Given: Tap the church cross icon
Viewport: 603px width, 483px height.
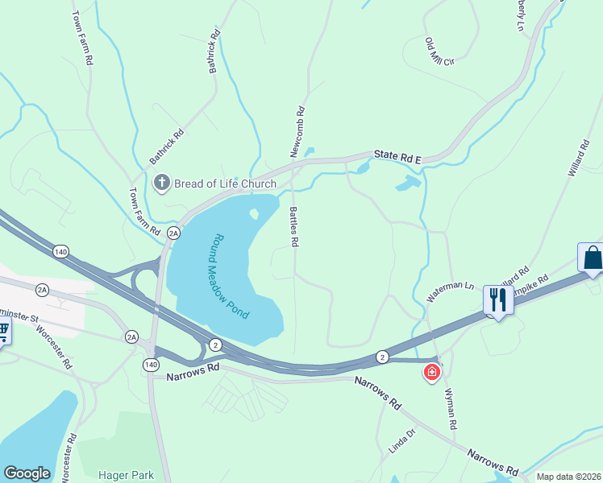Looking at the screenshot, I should click(x=160, y=183).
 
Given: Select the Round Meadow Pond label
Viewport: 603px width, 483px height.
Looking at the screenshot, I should click(x=231, y=276).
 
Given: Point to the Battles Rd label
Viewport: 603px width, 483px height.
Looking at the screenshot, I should click(x=294, y=226).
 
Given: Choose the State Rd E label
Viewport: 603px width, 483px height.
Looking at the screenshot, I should click(x=397, y=158).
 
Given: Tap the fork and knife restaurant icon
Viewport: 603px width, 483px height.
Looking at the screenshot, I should click(x=497, y=300).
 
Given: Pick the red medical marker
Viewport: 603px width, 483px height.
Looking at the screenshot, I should click(x=432, y=372).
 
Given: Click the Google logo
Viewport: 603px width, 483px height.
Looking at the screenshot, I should click(x=27, y=473).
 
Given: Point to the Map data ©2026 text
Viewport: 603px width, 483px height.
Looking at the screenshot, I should click(x=569, y=477).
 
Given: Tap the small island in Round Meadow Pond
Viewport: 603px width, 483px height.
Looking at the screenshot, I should click(x=254, y=214).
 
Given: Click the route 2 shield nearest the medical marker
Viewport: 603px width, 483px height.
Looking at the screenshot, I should click(x=382, y=356).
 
